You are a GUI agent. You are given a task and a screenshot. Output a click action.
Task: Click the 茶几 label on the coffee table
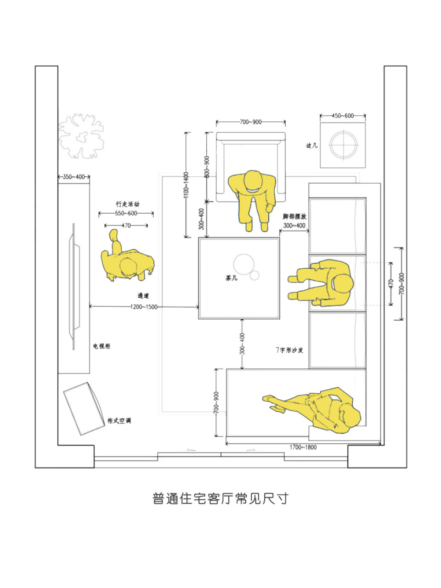point(232,278)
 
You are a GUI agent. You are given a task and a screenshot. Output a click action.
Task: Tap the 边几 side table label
point(311,146)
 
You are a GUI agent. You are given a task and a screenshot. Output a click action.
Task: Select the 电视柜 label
point(102,346)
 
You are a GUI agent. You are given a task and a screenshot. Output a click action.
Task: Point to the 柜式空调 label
point(119,420)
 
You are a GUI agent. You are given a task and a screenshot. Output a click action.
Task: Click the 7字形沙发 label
point(289,350)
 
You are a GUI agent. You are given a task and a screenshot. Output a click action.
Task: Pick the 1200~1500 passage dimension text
point(144,307)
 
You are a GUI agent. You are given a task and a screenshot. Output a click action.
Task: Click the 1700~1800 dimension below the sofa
point(303,447)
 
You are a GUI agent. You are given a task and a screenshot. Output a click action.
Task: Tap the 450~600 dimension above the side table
point(343,116)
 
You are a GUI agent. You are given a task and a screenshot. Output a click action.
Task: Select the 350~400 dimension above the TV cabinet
point(73,177)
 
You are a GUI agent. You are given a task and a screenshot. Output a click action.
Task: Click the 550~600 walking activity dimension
point(126,213)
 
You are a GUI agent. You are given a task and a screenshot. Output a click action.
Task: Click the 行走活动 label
point(127,204)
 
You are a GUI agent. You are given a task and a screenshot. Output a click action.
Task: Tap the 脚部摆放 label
point(294,216)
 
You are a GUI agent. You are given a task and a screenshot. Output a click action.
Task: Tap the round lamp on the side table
point(343,145)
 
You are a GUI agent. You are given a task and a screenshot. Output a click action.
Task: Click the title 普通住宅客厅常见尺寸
point(220,498)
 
